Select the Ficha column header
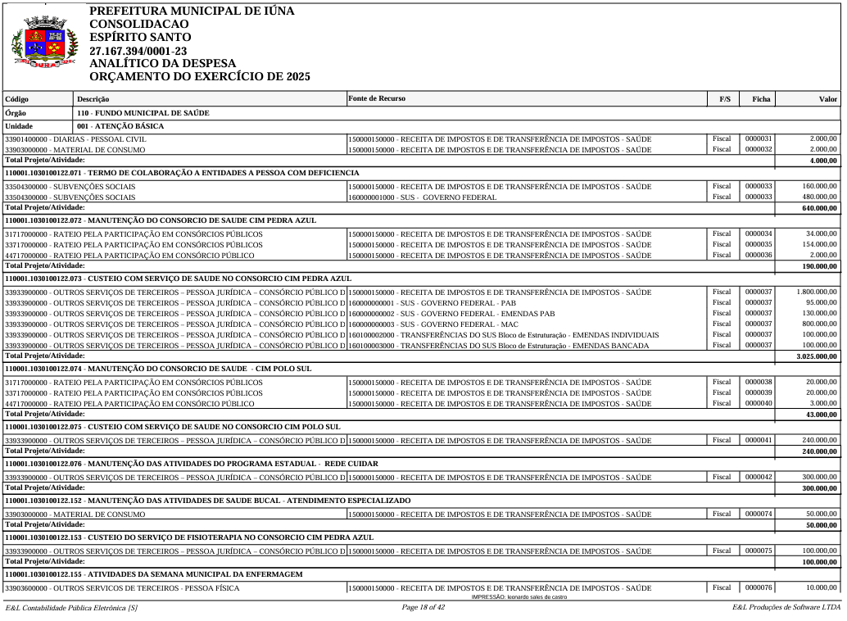(760, 99)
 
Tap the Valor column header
(828, 99)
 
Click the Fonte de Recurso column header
(377, 99)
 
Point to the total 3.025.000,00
(817, 357)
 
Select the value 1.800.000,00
(817, 292)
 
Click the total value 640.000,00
(819, 208)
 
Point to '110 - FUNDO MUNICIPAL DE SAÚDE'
(143, 112)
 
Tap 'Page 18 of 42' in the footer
(423, 607)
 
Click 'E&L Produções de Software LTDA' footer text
(786, 607)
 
